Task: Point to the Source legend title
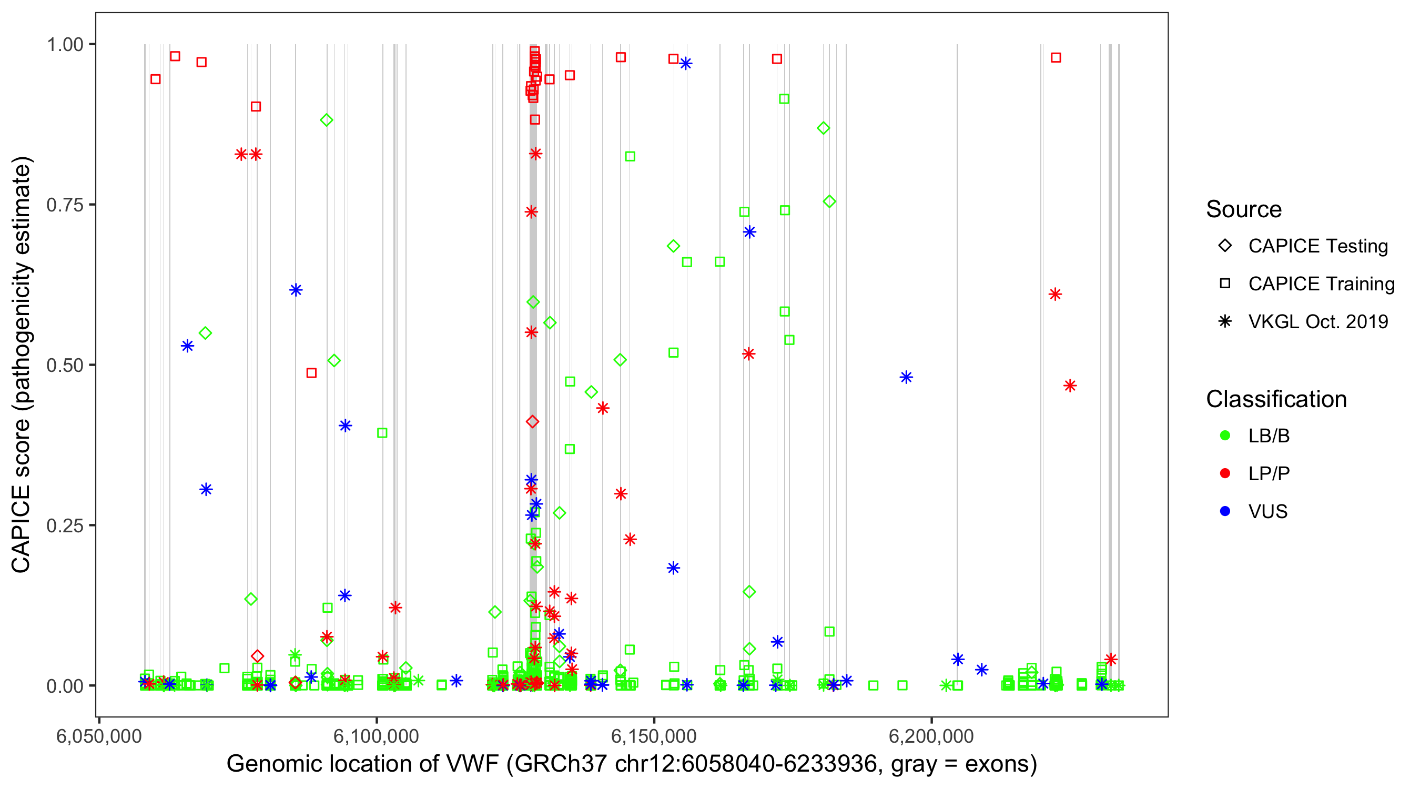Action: pos(1244,209)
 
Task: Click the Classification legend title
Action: pos(1276,399)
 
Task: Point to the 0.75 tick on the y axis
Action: pos(64,205)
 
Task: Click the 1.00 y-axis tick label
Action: pos(64,44)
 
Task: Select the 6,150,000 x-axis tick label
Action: pos(654,736)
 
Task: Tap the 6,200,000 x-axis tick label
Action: pos(931,736)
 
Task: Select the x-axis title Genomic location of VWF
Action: pos(632,764)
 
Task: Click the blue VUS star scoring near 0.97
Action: pos(686,64)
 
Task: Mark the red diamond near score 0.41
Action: pos(532,422)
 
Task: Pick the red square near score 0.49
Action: pos(311,373)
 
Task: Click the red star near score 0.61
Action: pos(1055,295)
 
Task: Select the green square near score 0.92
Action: pos(784,99)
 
